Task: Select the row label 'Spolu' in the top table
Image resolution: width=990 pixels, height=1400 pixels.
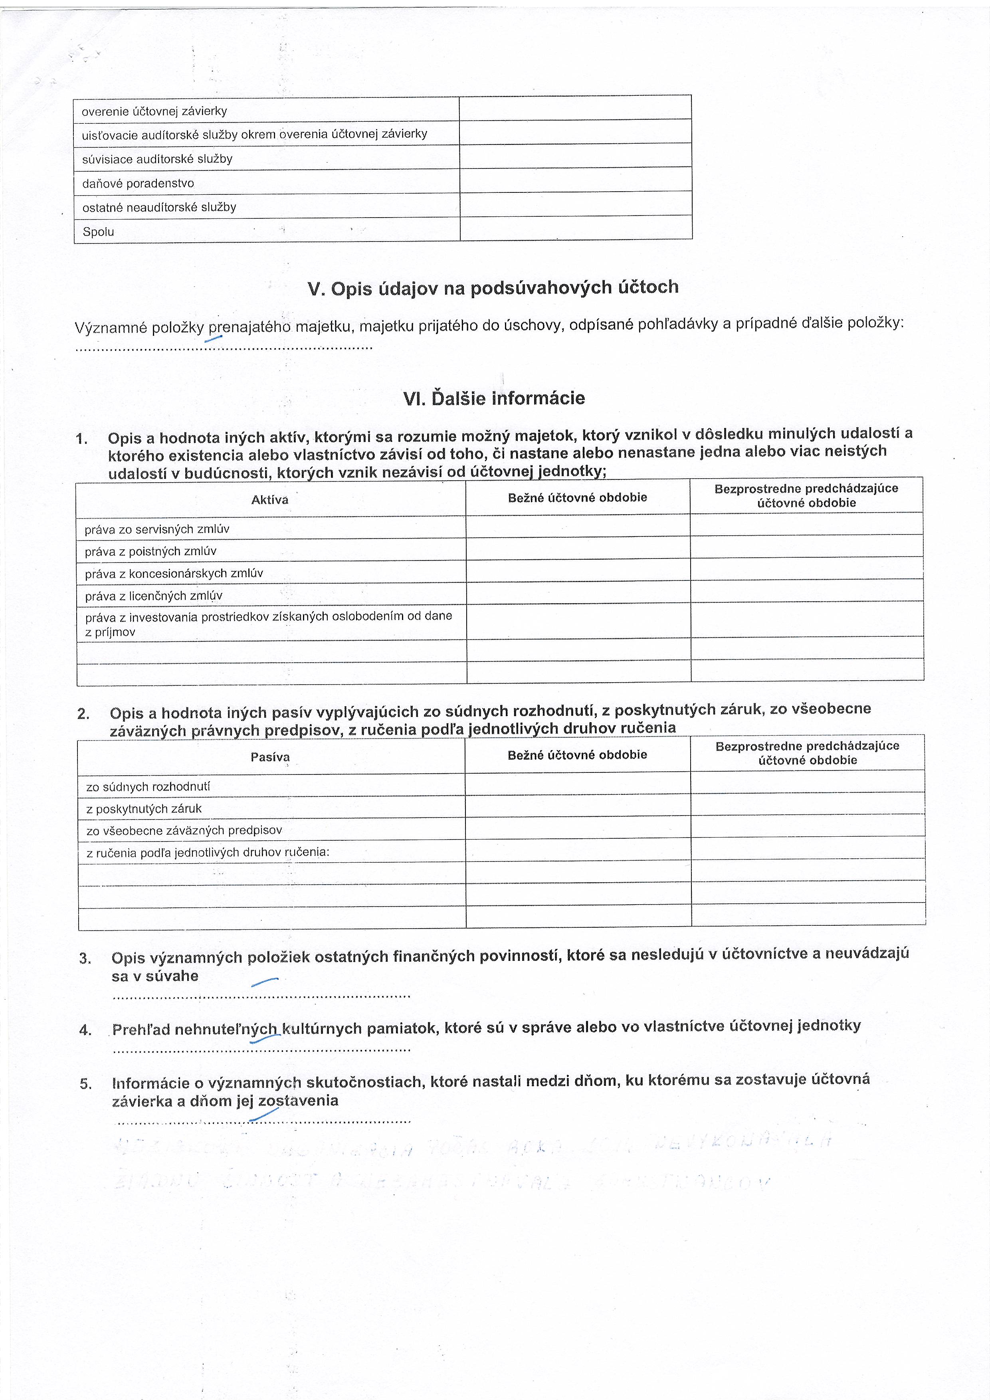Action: click(98, 232)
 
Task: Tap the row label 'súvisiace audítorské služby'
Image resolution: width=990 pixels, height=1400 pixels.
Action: click(157, 159)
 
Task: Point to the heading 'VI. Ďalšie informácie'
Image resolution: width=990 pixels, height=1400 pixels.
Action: click(494, 398)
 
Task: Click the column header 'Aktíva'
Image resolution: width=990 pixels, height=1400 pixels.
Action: click(269, 500)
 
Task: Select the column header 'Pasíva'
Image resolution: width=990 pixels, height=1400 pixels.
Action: click(270, 757)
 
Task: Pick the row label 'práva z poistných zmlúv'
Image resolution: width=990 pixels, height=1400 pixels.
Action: click(150, 551)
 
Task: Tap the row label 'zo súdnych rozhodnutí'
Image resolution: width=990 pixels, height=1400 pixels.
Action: click(148, 786)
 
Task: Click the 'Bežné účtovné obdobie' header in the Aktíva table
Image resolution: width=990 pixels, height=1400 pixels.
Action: click(577, 497)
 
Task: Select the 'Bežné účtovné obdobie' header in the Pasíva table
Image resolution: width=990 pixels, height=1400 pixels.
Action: click(577, 755)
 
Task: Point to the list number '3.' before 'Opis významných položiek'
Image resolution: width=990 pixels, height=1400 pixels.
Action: click(85, 958)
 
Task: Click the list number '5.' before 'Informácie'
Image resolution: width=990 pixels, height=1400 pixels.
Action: click(86, 1083)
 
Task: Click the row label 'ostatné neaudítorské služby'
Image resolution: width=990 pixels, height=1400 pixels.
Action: click(159, 207)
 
